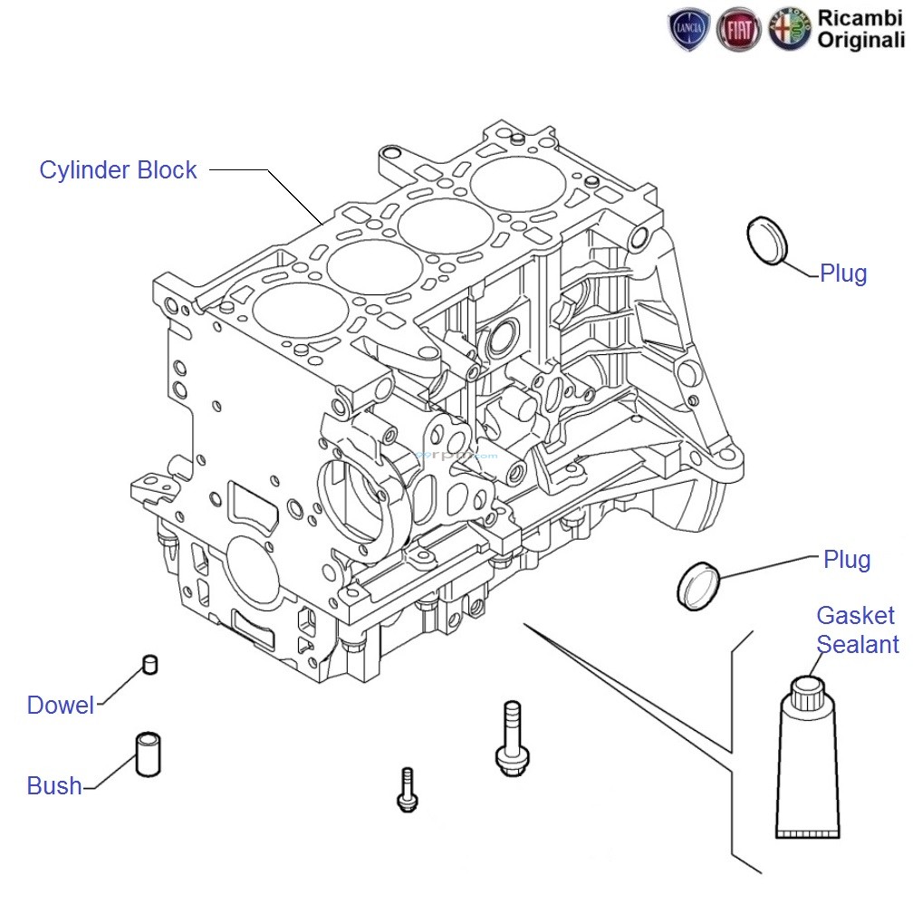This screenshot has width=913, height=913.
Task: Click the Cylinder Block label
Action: (x=118, y=170)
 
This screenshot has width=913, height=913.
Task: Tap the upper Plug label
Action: (x=842, y=274)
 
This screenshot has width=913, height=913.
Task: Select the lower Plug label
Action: (x=846, y=560)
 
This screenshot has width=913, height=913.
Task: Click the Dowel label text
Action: (x=61, y=706)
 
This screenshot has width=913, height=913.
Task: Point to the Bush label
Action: (x=54, y=785)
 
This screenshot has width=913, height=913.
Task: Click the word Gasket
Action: (x=855, y=616)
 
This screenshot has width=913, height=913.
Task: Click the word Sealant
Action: (x=857, y=644)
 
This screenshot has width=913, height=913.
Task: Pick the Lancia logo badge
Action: (x=688, y=30)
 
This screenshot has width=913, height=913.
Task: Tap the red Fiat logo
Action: (x=738, y=30)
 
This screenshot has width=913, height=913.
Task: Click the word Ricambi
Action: (x=861, y=17)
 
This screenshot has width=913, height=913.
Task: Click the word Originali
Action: (x=861, y=39)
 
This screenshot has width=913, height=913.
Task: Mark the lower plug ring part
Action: (x=697, y=585)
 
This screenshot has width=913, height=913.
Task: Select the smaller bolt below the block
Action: (x=406, y=788)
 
